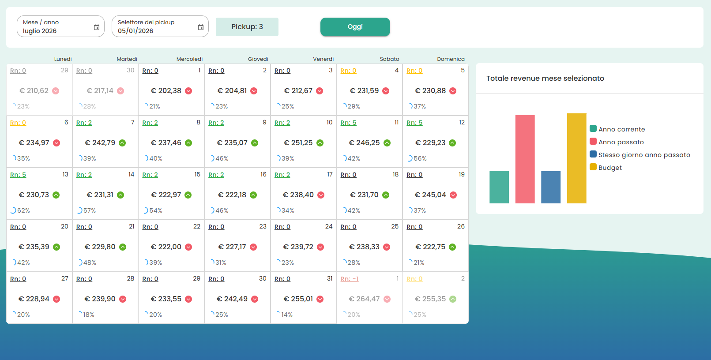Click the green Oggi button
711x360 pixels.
coord(355,27)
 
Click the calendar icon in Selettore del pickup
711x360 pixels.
coord(201,27)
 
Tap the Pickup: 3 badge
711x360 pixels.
coord(247,27)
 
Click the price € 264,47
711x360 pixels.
coord(364,299)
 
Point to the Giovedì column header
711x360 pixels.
coord(258,59)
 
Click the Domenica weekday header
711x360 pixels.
coord(451,59)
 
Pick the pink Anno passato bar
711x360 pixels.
coord(525,159)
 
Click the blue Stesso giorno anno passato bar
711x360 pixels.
coord(550,187)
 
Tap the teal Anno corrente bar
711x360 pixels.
coord(499,187)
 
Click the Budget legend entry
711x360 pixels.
coord(609,168)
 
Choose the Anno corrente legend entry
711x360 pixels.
coord(621,129)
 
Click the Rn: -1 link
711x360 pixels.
coord(350,279)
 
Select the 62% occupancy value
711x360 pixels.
coord(23,211)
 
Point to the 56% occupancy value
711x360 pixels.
coord(420,159)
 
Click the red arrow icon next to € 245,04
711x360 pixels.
coord(453,195)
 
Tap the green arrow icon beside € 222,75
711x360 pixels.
coord(452,247)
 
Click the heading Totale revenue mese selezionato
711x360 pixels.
coord(545,79)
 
